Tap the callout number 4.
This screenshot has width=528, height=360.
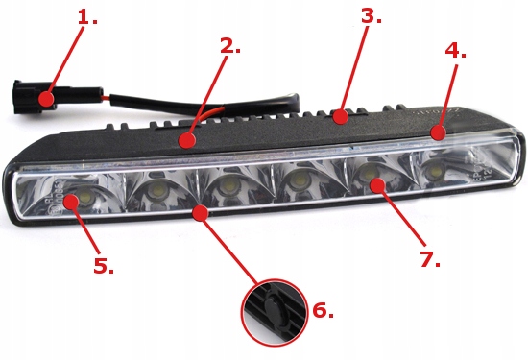455,50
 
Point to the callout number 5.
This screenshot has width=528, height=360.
103,266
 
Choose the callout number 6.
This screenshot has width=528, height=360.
323,310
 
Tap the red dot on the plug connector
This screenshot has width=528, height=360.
46,98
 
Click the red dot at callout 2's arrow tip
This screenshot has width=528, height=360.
188,141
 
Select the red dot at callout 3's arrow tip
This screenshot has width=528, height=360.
340,117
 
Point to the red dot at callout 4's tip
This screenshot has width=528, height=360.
438,133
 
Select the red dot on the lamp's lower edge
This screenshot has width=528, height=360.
200,210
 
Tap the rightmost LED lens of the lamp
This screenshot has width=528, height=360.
437,171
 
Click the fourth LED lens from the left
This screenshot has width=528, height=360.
298,180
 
